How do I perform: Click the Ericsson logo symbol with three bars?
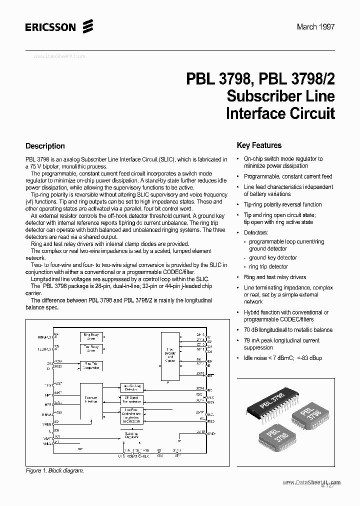tap(87, 26)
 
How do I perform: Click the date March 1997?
tap(315, 27)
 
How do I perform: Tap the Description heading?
tap(45, 146)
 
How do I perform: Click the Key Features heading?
tap(259, 145)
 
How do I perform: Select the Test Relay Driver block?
tap(91, 349)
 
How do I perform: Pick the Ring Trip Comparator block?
tap(91, 365)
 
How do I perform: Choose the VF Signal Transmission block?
tap(132, 399)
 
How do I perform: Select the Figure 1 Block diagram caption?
tap(54, 470)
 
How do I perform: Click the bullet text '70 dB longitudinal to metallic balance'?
tap(288, 330)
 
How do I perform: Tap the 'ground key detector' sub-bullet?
tap(273, 257)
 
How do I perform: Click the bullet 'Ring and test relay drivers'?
tap(275, 277)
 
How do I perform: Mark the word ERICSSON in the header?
tap(50, 27)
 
